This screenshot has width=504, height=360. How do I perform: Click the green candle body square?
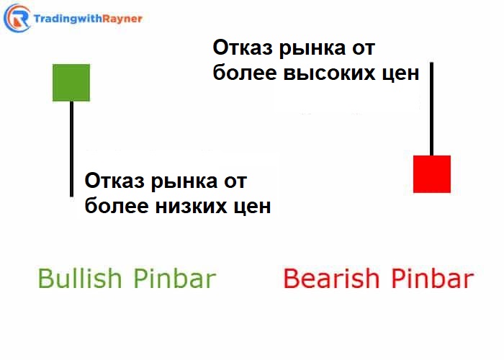tap(71, 83)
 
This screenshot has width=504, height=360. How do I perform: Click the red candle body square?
tap(432, 174)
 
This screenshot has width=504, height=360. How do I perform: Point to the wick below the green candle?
tap(71, 148)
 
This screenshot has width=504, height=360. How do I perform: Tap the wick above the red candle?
tap(432, 108)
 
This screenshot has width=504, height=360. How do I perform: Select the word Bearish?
tap(328, 279)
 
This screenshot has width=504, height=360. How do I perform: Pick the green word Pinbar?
tap(173, 279)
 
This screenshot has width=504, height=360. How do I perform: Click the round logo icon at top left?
tap(17, 17)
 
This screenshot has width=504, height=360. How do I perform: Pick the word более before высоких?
tap(245, 74)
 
